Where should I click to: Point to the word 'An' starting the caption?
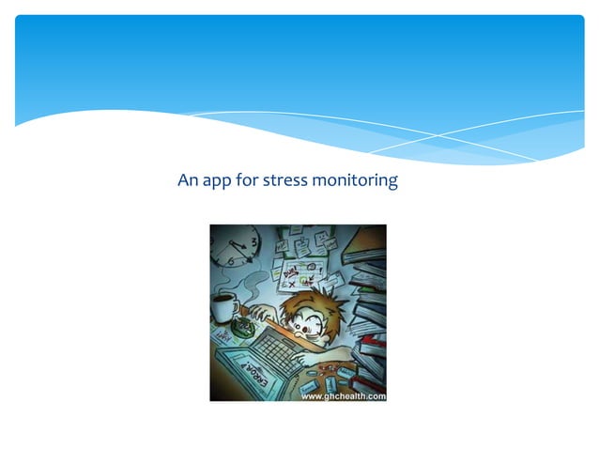[x=187, y=178]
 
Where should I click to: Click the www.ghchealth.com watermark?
[x=343, y=395]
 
